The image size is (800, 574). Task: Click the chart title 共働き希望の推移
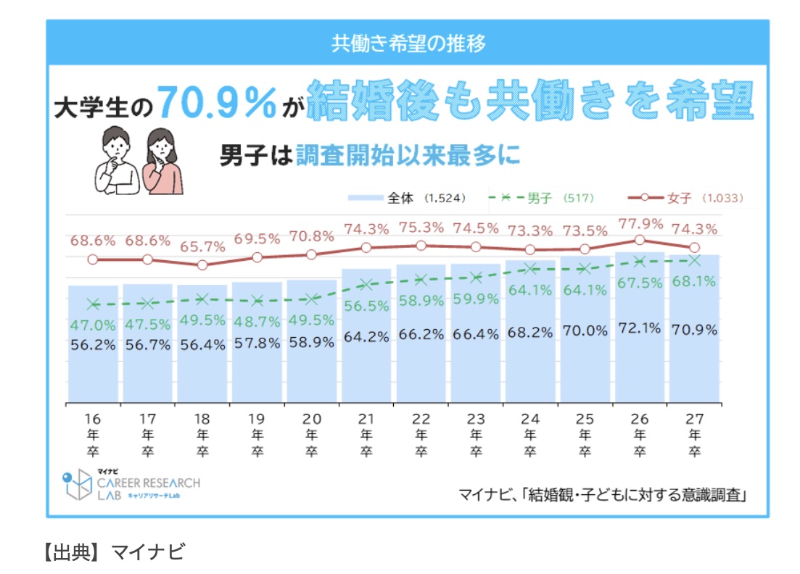[408, 43]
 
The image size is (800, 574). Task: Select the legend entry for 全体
[406, 197]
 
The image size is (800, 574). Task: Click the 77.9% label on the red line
[639, 223]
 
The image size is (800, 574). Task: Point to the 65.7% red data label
[202, 246]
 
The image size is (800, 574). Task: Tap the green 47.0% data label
[92, 325]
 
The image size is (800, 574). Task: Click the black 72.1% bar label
[639, 328]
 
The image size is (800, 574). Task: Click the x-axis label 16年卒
[92, 434]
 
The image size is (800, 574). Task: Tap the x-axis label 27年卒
[694, 434]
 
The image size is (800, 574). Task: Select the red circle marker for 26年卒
[639, 240]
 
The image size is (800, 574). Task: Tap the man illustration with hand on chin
[117, 160]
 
